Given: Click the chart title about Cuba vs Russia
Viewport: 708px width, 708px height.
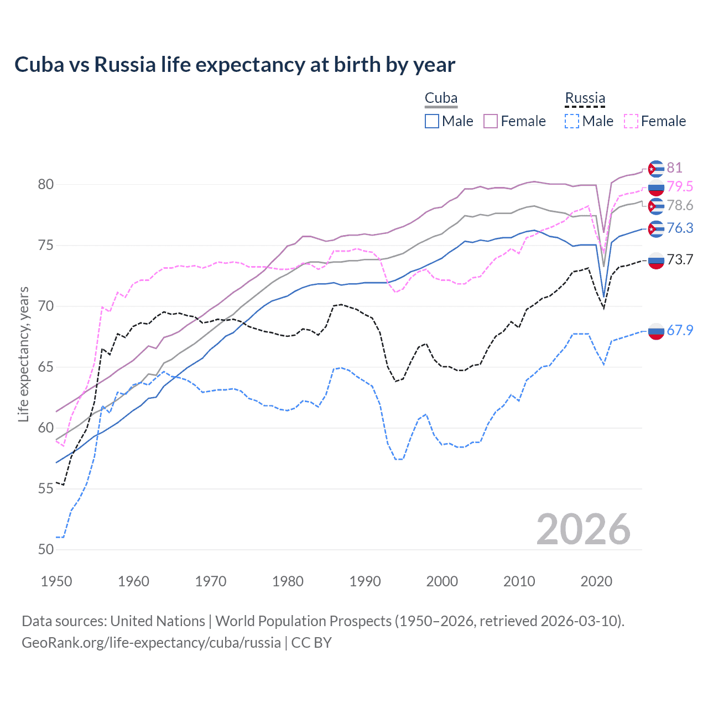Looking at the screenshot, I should click(x=235, y=65).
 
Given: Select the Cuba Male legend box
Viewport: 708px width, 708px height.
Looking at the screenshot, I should click(x=432, y=121).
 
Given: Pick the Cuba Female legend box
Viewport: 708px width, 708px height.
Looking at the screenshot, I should click(x=491, y=121).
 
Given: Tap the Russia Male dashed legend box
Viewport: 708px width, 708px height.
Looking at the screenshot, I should click(x=572, y=121).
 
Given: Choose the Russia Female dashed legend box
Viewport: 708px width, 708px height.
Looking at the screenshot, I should click(x=631, y=121).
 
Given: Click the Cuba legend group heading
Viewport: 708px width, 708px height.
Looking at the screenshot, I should click(x=441, y=98).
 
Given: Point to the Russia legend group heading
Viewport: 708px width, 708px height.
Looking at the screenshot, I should click(x=585, y=98).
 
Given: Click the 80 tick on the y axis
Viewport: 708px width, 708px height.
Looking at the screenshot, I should click(x=46, y=184).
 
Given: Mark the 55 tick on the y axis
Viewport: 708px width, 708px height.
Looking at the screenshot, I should click(x=46, y=488).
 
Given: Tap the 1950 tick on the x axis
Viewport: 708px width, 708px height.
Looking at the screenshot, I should click(x=56, y=581).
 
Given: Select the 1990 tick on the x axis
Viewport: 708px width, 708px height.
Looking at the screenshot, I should click(x=365, y=581).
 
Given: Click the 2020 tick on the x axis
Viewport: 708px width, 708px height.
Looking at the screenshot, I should click(x=596, y=581).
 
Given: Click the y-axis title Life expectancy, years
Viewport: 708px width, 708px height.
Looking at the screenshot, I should click(x=23, y=354).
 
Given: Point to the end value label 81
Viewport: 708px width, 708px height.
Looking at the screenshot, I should click(x=674, y=168).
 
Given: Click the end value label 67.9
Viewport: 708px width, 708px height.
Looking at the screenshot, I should click(x=680, y=330).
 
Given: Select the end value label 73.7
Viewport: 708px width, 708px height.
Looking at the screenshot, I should click(x=680, y=259).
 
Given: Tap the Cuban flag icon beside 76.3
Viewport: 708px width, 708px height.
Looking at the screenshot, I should click(x=656, y=228).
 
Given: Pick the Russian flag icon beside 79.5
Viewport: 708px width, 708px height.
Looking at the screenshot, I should click(x=656, y=188).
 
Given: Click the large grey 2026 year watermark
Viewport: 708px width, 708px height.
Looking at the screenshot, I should click(x=583, y=529).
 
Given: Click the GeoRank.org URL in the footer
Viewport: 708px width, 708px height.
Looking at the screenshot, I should click(x=151, y=643).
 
